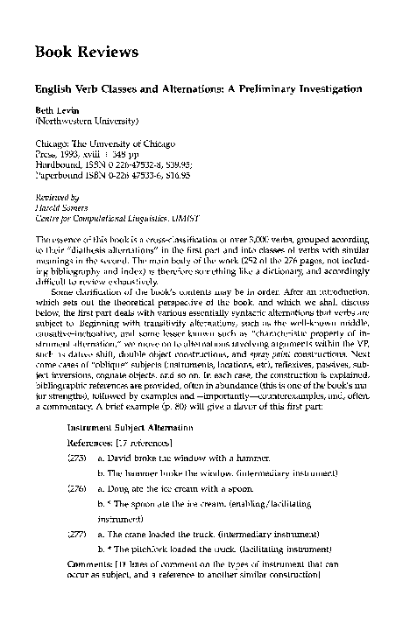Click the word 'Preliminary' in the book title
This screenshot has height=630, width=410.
(x=279, y=89)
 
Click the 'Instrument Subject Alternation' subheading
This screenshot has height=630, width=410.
(x=118, y=427)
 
